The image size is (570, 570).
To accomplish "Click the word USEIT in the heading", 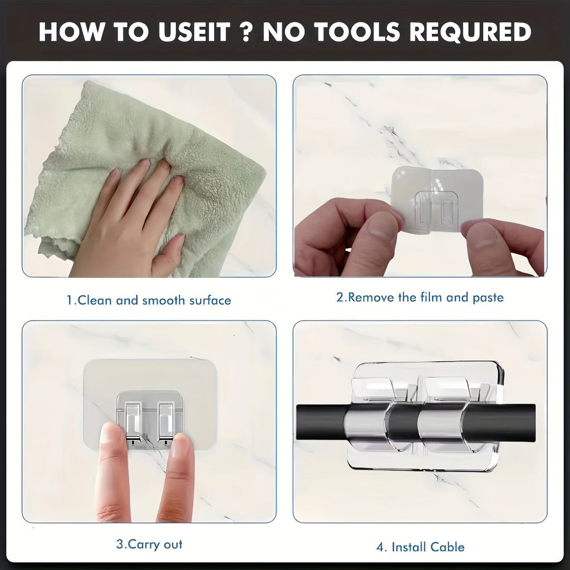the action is [194, 32].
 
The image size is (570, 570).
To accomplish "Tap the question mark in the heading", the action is [246, 32].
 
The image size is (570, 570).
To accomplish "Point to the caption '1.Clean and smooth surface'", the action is [149, 300].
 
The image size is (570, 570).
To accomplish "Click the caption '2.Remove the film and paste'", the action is [420, 297].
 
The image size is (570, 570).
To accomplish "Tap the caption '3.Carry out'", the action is [149, 544].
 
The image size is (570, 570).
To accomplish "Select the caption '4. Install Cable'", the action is [420, 547].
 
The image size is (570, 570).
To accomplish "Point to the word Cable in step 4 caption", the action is [447, 547].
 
